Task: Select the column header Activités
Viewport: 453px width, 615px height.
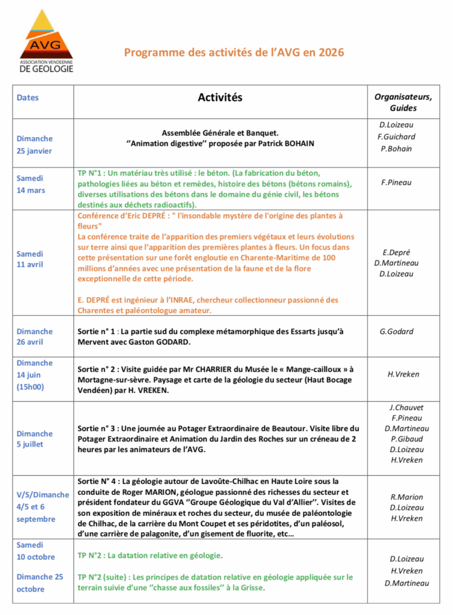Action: tap(220, 97)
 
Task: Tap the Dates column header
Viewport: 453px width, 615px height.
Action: tap(28, 97)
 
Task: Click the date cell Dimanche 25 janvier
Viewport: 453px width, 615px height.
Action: tap(34, 145)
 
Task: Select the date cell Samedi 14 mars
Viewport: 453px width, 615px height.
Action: tap(31, 184)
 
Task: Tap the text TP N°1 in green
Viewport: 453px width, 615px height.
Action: tap(91, 172)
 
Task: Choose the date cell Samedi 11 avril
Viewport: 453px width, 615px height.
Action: tap(31, 259)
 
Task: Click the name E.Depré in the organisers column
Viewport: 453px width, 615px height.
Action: tap(397, 252)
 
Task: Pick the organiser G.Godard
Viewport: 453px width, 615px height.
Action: tap(397, 331)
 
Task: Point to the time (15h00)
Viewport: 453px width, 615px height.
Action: tap(31, 387)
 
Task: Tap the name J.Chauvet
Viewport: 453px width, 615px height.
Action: tap(406, 407)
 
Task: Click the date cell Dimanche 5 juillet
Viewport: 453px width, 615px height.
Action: tap(34, 439)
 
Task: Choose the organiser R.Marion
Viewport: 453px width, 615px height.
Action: tap(406, 497)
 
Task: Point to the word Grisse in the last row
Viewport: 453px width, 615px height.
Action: tap(251, 587)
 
